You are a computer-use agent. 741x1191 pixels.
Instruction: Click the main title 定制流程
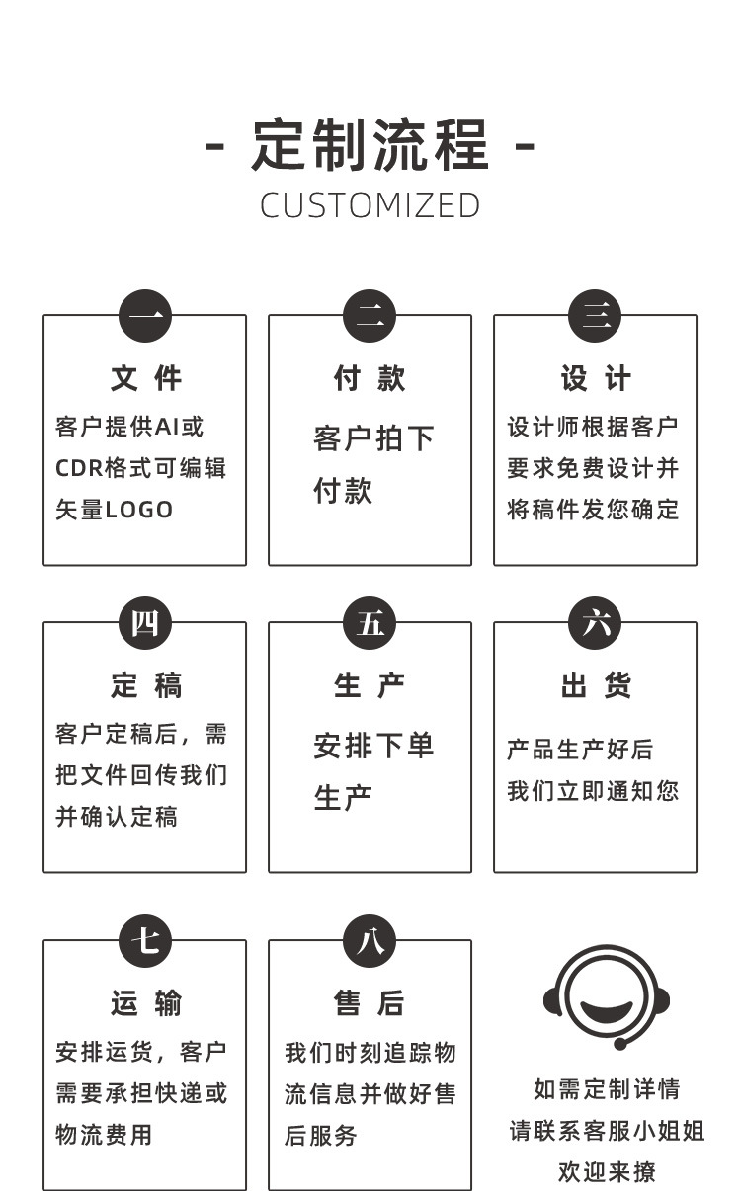pos(370,146)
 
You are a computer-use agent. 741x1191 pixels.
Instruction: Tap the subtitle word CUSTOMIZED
pos(370,205)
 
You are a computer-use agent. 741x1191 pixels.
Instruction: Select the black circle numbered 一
pos(145,317)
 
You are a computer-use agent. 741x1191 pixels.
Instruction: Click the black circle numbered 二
pos(370,317)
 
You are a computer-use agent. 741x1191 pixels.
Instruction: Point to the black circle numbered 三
pos(596,317)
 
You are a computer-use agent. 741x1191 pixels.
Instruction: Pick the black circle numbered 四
pos(145,624)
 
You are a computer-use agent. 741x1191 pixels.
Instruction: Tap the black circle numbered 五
pos(370,624)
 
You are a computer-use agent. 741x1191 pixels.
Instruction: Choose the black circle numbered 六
pos(596,624)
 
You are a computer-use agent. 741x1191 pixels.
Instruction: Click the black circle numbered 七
pos(145,941)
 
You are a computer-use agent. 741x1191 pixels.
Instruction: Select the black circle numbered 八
pos(370,941)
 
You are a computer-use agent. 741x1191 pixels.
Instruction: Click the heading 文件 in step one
pos(145,378)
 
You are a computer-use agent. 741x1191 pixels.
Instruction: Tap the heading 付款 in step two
pos(370,378)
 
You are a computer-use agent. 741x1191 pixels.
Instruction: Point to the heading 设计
pos(596,378)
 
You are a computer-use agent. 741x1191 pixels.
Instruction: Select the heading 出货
pos(596,685)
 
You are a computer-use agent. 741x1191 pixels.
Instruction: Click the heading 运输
pos(145,1003)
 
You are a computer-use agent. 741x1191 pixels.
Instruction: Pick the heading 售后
pos(370,1003)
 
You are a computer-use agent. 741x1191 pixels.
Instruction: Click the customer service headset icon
pos(607,997)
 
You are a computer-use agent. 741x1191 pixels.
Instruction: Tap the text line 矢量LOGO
pos(114,510)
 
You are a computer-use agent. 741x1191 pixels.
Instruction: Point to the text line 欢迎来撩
pos(607,1172)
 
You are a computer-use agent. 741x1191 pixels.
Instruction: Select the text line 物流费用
pos(104,1135)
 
